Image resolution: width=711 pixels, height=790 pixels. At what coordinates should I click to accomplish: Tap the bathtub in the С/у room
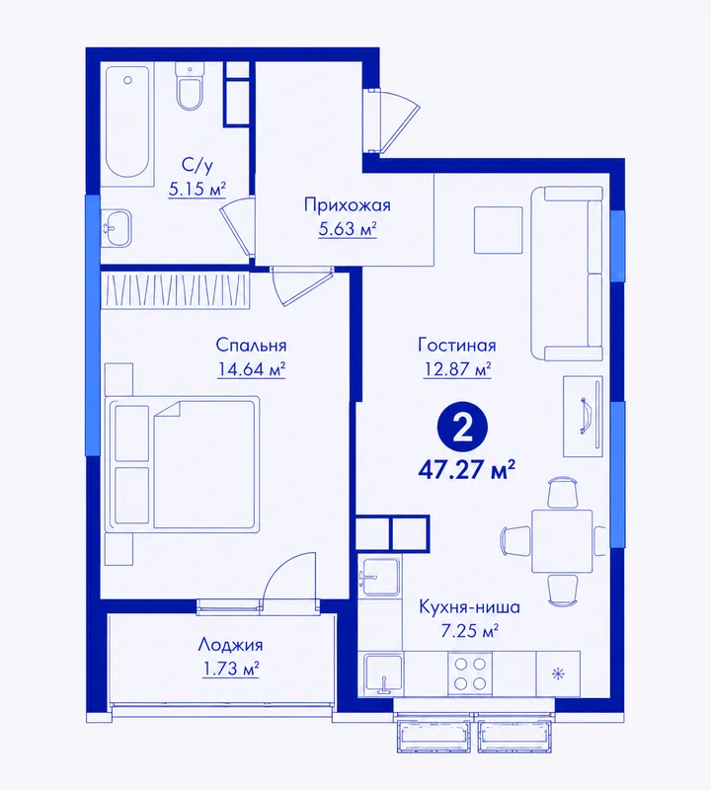pyautogui.click(x=127, y=123)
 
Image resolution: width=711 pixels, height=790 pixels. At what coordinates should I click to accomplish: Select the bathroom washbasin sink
pyautogui.click(x=117, y=228)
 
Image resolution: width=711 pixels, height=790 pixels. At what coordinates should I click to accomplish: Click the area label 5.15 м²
pyautogui.click(x=197, y=190)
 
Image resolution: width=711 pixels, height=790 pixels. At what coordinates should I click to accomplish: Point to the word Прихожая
pyautogui.click(x=348, y=205)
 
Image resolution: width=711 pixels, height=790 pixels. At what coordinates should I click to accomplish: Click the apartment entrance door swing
pyautogui.click(x=393, y=120)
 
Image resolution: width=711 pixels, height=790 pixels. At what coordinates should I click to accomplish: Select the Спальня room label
pyautogui.click(x=251, y=345)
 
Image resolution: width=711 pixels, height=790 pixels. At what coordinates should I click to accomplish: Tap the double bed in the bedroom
pyautogui.click(x=183, y=464)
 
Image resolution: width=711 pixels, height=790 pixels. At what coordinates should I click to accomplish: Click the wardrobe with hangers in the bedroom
pyautogui.click(x=176, y=290)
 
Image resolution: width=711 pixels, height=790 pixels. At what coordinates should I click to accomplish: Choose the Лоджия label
pyautogui.click(x=230, y=645)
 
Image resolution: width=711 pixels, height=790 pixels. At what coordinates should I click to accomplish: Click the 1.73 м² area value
pyautogui.click(x=230, y=670)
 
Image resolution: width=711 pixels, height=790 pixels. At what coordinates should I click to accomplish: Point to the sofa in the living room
pyautogui.click(x=567, y=274)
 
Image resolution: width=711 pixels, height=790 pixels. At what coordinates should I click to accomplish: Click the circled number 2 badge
pyautogui.click(x=462, y=430)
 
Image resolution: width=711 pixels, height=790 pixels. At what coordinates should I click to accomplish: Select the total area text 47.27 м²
pyautogui.click(x=466, y=471)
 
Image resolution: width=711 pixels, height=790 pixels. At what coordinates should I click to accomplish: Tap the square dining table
pyautogui.click(x=562, y=541)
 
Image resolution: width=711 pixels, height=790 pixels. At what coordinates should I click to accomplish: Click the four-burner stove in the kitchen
pyautogui.click(x=470, y=674)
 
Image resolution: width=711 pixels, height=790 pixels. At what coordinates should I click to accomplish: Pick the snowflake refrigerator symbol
pyautogui.click(x=558, y=674)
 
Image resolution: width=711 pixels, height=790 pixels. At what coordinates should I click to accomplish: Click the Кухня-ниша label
pyautogui.click(x=469, y=607)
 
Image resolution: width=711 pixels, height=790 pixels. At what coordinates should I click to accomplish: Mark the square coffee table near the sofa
pyautogui.click(x=498, y=230)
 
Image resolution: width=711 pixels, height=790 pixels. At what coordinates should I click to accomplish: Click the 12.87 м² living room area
pyautogui.click(x=457, y=369)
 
